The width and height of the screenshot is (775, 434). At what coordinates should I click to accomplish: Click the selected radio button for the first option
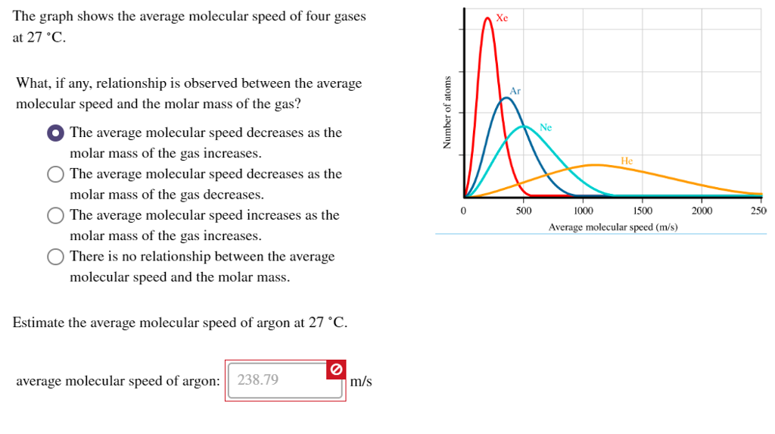tap(55, 133)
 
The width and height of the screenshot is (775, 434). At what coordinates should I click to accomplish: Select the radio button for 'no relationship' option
tap(55, 257)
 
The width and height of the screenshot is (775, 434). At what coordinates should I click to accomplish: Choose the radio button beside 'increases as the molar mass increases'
tap(55, 216)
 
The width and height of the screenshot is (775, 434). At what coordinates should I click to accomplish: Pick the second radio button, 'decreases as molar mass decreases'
tap(55, 174)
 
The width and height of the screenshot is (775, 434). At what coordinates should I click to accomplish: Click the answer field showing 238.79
tap(276, 379)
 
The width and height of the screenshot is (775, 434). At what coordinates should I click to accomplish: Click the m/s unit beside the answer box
tap(361, 381)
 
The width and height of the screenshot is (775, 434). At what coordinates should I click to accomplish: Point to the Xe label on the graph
tap(503, 17)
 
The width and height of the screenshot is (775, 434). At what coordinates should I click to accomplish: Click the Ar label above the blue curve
tap(515, 91)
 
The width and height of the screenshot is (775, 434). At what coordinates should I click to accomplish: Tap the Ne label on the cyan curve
tap(546, 127)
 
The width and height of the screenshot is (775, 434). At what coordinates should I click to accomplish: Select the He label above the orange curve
tap(627, 161)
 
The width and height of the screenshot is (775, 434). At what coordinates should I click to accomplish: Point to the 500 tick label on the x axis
tap(524, 211)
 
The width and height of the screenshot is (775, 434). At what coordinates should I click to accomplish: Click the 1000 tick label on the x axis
tap(583, 211)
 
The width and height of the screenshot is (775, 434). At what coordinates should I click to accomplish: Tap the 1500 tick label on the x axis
tap(643, 211)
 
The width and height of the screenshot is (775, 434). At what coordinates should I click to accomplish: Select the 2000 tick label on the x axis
tap(702, 211)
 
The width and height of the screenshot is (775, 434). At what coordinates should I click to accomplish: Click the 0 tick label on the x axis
tap(462, 211)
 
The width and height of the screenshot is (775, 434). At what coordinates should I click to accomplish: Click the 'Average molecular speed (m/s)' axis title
tap(613, 226)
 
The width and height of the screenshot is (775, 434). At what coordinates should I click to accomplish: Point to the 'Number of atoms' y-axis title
tap(447, 112)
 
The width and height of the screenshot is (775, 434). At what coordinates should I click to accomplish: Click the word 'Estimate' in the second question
tap(38, 323)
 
